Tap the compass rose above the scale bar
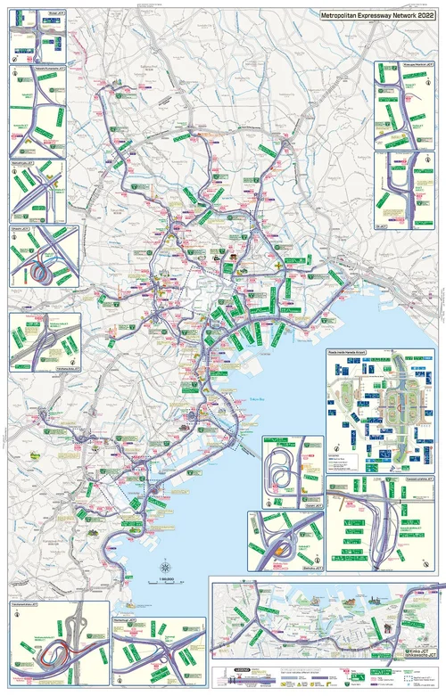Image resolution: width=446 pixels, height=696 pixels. pyautogui.click(x=166, y=568)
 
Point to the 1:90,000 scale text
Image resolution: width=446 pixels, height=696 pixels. pyautogui.click(x=166, y=582)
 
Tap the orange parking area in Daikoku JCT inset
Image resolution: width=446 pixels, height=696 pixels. pyautogui.click(x=285, y=549)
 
